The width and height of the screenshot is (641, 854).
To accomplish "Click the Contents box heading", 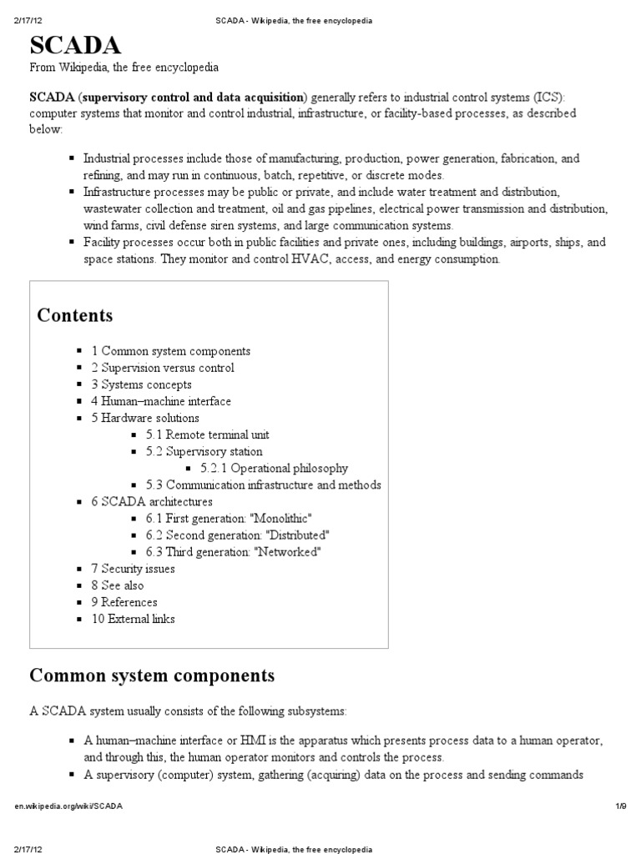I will [75, 315].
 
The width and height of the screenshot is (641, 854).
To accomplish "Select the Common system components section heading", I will [152, 674].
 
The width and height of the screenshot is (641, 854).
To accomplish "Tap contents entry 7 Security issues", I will [133, 569].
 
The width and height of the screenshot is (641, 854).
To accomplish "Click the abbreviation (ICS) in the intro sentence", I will [549, 96].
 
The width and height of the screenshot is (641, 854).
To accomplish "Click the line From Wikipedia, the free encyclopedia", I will [125, 67].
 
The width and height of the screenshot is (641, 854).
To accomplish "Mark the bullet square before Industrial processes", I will [73, 158].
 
